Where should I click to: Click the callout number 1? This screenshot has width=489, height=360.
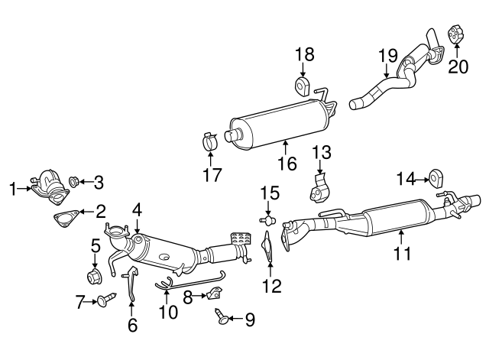click(12, 186)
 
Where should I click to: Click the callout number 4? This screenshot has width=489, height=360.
click(136, 209)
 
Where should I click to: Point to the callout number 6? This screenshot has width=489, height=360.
click(131, 325)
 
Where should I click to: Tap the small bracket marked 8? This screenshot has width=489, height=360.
click(215, 293)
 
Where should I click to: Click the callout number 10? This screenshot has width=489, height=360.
click(167, 312)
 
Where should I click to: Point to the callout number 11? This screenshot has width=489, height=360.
click(402, 251)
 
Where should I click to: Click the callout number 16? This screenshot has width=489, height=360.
click(286, 162)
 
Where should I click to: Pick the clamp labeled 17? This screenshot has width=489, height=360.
click(209, 142)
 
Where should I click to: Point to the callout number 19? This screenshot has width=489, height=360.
click(387, 56)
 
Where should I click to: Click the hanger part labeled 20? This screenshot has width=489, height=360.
click(456, 34)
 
